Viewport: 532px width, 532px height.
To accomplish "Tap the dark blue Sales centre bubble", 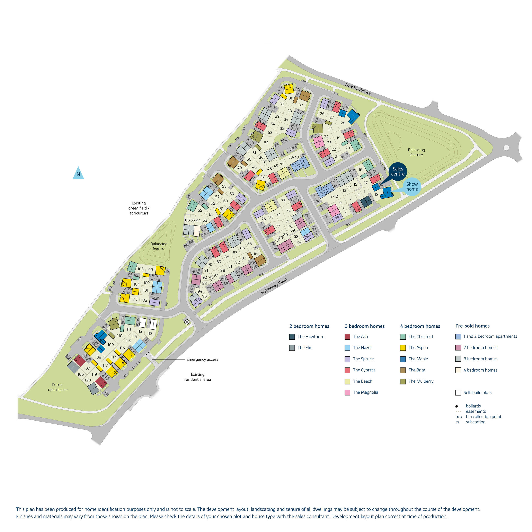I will point(398,171).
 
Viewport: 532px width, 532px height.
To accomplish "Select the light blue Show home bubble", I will point(412,187).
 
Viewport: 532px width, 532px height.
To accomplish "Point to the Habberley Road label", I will point(274,286).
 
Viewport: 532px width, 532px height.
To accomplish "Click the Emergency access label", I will point(202,359).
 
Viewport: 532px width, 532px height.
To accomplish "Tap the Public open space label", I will point(57,387).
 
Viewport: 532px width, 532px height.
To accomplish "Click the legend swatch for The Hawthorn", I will point(292,337).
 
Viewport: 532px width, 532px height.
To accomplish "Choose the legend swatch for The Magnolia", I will point(347,392).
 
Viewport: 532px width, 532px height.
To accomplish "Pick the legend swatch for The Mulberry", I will point(403,381).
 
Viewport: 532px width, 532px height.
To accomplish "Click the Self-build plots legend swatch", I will point(458,393).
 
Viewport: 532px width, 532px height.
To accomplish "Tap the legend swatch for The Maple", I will point(403,359).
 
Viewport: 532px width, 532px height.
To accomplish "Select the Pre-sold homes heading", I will point(472,326).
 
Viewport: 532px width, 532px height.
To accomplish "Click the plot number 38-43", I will point(294,157).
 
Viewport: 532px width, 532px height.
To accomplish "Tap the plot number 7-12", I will point(334,196).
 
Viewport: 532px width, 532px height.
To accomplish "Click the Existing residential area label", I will point(197,377).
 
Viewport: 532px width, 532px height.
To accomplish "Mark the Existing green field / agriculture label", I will point(139,208).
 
